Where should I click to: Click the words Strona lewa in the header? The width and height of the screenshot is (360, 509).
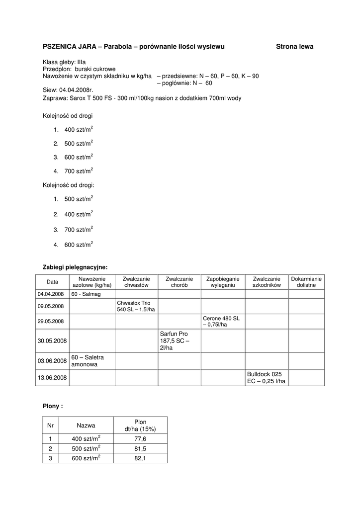294,46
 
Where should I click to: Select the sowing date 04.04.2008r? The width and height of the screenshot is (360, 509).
76,90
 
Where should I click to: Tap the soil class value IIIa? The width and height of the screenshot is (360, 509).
79,62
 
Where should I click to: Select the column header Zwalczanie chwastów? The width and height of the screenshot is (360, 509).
136,282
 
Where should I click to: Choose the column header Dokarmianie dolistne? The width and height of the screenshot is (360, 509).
306,282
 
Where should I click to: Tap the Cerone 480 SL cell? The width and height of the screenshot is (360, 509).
222,321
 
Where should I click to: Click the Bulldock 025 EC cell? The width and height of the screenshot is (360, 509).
266,378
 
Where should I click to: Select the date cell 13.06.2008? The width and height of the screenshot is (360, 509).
52,378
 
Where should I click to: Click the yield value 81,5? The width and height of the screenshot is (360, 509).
140,449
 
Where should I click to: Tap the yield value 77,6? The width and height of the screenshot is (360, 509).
140,439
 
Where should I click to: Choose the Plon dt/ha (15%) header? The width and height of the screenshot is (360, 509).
140,425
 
